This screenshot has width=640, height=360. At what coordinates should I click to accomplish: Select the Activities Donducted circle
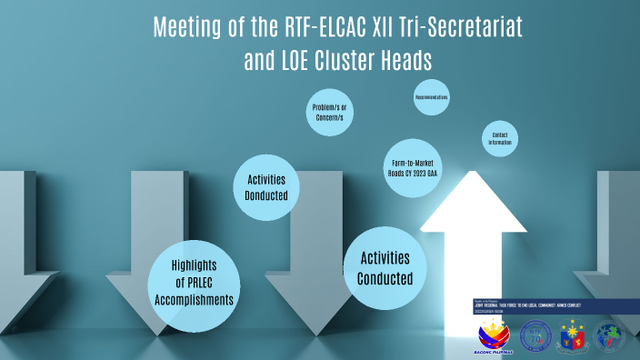pyautogui.click(x=266, y=187)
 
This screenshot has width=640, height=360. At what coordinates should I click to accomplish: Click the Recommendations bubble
pyautogui.click(x=432, y=97)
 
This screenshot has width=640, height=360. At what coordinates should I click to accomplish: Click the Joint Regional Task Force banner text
pyautogui.click(x=536, y=305)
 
